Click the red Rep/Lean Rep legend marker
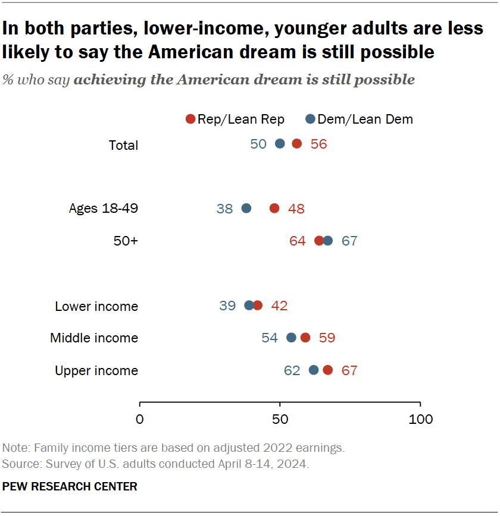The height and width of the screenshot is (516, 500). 190,119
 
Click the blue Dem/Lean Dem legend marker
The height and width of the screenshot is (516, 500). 310,119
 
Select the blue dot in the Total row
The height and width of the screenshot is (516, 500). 280,144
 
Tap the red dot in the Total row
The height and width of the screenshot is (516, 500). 296,144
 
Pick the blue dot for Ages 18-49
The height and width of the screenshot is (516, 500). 246,208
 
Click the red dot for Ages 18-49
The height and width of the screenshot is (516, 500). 274,208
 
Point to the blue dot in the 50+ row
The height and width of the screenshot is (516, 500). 327,241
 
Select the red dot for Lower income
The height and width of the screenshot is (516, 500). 257,306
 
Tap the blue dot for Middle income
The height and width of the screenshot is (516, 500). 291,338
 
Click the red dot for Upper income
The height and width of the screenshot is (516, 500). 327,370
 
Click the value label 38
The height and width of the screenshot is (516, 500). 224,209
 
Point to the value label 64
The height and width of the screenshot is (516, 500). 297,241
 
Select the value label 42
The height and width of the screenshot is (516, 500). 279,306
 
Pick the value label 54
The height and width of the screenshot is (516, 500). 270,338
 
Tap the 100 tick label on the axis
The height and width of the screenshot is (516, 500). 421,419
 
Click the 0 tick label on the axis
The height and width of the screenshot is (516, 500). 140,419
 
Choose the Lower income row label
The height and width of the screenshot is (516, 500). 96,307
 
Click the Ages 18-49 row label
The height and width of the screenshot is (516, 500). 104,209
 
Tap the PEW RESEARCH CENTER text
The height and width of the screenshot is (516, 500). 70,487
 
